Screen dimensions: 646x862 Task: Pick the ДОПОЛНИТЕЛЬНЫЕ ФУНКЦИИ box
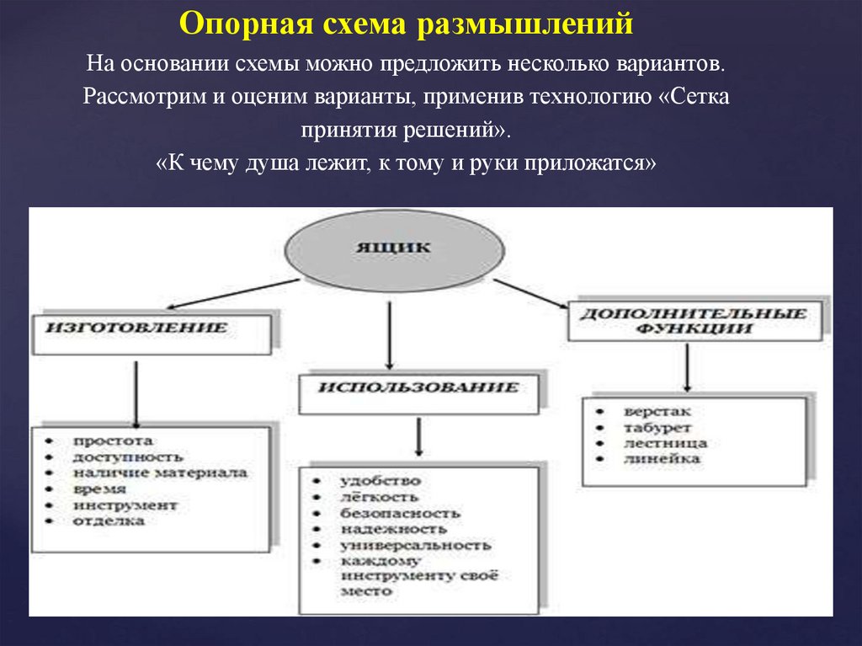[694, 320]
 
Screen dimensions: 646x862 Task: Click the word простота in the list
[113, 440]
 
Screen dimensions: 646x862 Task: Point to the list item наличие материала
[159, 472]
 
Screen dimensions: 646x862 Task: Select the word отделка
[108, 521]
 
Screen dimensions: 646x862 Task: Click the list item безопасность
[400, 513]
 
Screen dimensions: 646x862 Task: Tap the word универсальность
[416, 545]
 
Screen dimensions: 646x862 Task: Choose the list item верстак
[657, 411]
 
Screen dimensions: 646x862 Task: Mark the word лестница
[665, 443]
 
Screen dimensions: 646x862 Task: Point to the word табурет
[657, 427]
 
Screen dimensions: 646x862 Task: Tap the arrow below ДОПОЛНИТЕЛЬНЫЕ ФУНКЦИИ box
[689, 367]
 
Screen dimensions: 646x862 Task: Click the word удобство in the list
[380, 481]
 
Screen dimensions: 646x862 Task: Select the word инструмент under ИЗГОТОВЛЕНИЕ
[125, 505]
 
